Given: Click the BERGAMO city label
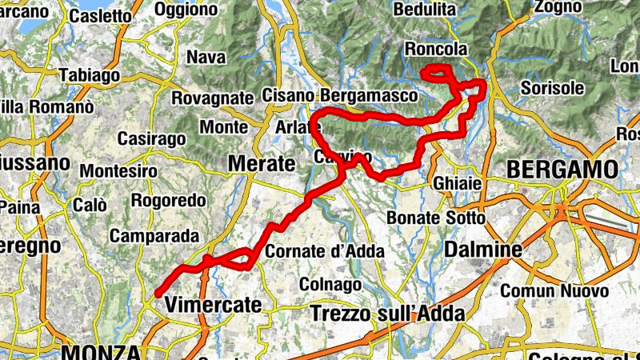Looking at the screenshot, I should tap(562, 170).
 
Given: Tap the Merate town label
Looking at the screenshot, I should tap(261, 163).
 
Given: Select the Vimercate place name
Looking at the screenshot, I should tap(214, 305).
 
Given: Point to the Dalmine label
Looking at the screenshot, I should tap(483, 250).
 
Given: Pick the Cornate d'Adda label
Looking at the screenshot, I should tap(325, 251).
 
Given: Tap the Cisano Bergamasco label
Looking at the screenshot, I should tap(340, 95).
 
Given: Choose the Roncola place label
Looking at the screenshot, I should tap(436, 50).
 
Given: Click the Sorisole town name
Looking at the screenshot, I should tap(552, 88).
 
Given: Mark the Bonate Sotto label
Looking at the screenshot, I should tap(435, 218).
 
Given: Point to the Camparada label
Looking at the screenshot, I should tap(154, 236).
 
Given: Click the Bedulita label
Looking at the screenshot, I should tap(426, 10).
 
